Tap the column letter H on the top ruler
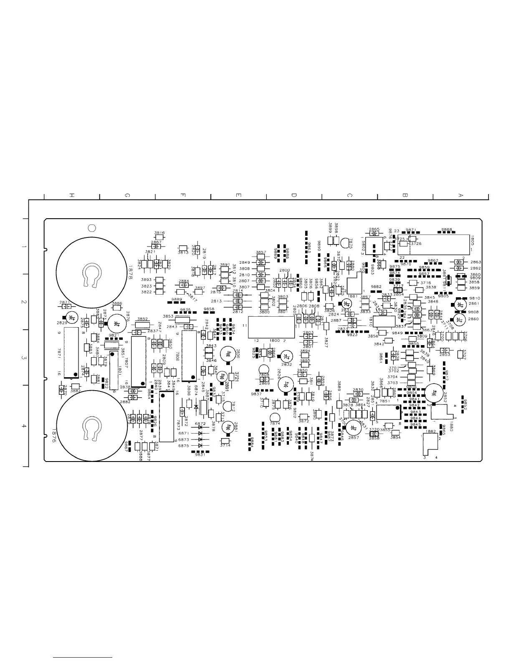72,195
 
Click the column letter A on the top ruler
460,195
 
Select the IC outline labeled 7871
71,354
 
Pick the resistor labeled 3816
159,237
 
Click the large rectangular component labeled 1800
271,327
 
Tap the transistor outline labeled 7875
346,243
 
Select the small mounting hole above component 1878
92,227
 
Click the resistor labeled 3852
142,325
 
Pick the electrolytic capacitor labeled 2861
460,305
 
